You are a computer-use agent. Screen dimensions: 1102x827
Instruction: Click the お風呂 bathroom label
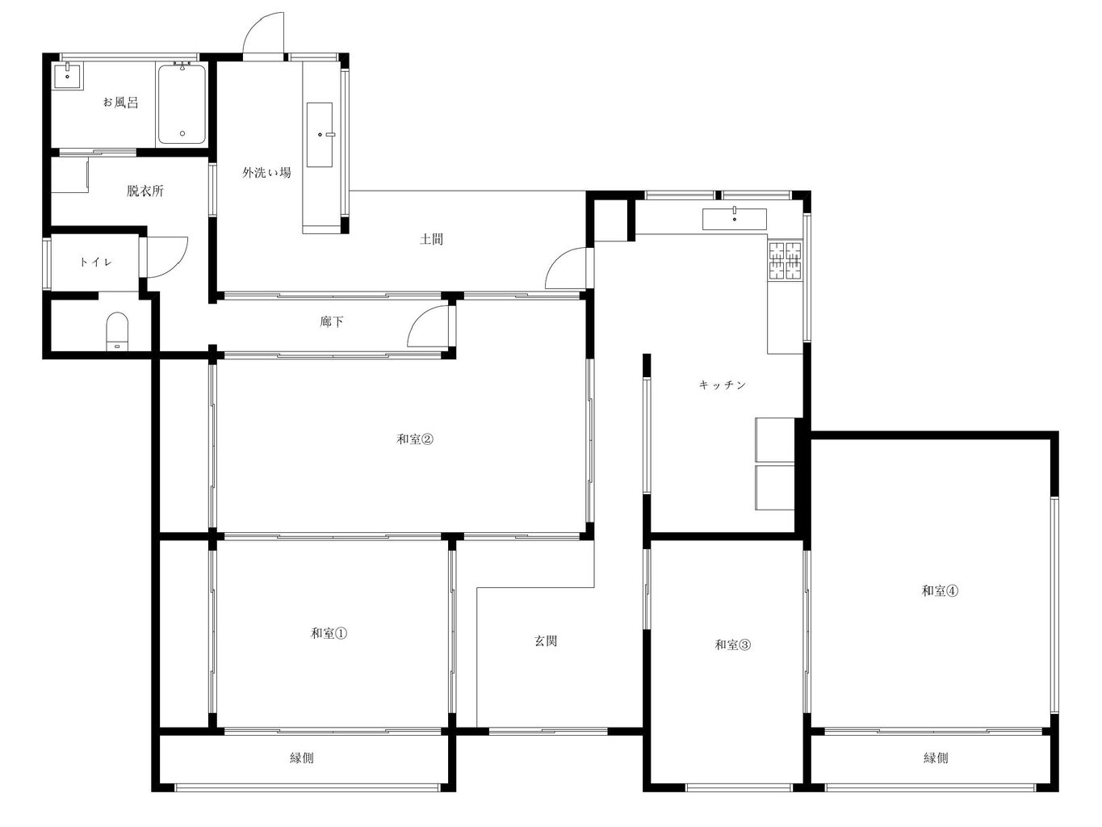click(x=120, y=103)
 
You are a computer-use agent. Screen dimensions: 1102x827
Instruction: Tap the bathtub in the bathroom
click(x=182, y=104)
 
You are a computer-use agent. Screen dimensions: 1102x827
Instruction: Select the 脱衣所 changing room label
click(x=145, y=191)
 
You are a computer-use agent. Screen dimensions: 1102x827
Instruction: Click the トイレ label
click(x=96, y=262)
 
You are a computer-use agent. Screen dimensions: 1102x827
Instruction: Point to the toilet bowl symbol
click(x=118, y=330)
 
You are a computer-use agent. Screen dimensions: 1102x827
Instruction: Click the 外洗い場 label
click(x=266, y=173)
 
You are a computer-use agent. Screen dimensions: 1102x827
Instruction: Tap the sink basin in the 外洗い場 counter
click(x=320, y=135)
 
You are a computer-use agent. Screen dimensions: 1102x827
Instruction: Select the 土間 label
click(x=431, y=239)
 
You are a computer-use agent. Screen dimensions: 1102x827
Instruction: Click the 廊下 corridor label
click(x=331, y=321)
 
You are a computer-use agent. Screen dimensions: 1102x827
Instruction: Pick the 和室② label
click(x=415, y=439)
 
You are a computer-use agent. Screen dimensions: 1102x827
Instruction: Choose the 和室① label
click(x=329, y=633)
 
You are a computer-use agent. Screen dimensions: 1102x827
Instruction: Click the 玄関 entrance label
click(x=545, y=640)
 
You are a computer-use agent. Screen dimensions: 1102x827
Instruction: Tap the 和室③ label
click(x=733, y=644)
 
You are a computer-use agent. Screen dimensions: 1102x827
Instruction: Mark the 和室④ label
click(x=940, y=591)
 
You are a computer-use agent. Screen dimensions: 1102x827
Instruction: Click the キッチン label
click(x=723, y=384)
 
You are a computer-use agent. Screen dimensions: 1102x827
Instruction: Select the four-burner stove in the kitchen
click(x=786, y=261)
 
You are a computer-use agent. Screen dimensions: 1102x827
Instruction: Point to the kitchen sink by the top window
click(x=735, y=219)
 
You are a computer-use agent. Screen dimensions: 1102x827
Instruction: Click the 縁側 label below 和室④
click(x=936, y=758)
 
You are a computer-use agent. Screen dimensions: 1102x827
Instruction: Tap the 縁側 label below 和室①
click(x=302, y=758)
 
